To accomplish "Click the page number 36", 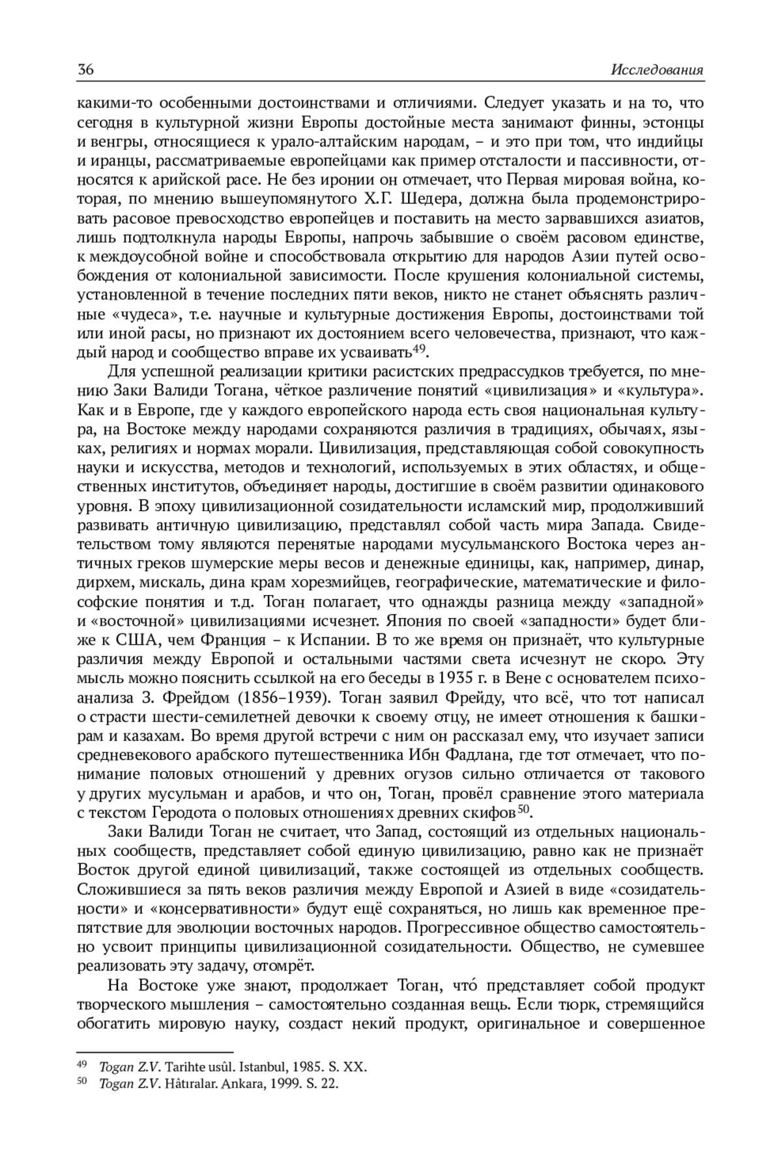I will coord(85,70).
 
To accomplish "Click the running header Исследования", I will coord(658,70).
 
